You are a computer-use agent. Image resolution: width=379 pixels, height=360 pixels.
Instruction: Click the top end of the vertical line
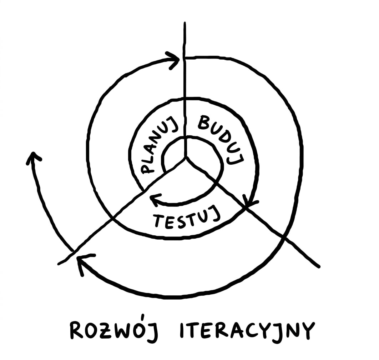[x=185, y=23]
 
